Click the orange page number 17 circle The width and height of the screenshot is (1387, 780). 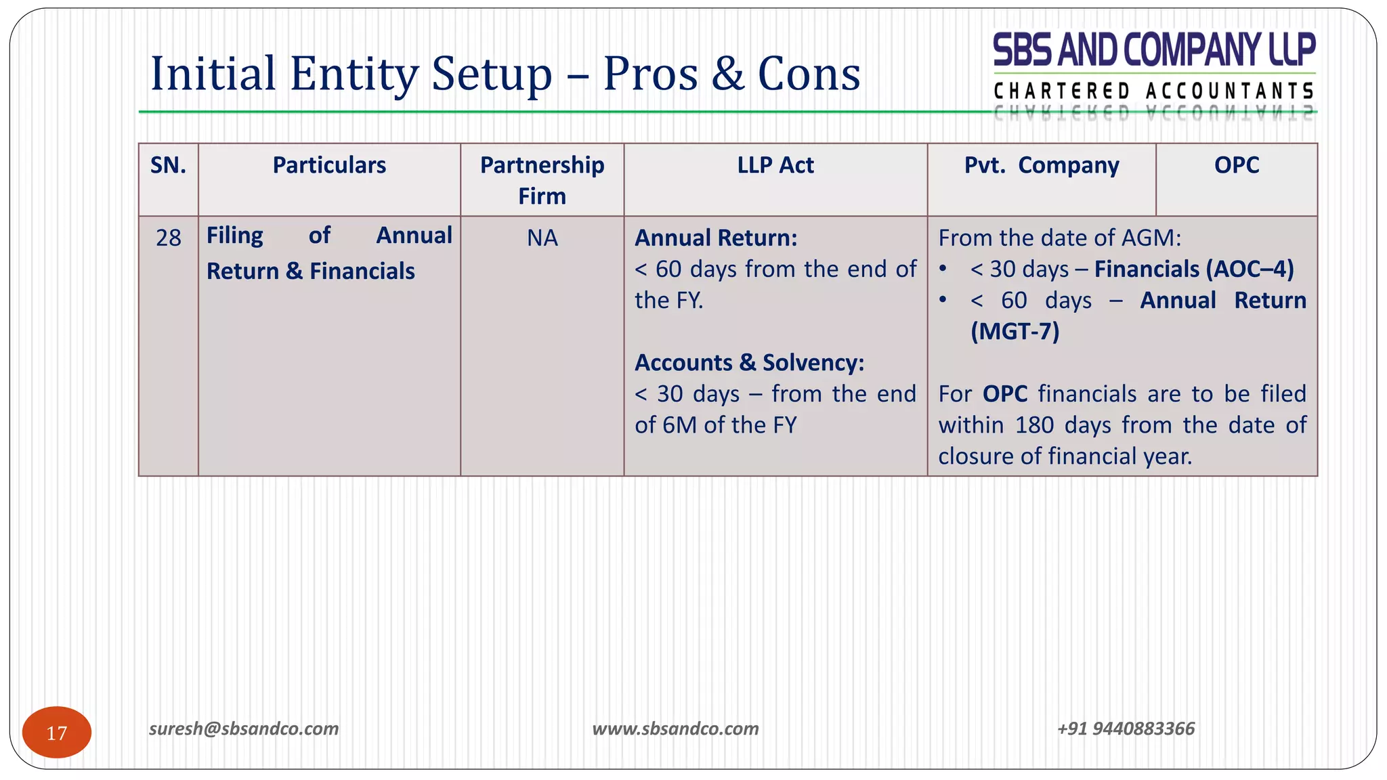(x=57, y=732)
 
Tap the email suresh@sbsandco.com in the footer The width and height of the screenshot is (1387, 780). (x=244, y=729)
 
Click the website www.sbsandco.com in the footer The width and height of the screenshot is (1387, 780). (x=675, y=729)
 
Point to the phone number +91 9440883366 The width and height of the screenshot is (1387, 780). (x=1126, y=729)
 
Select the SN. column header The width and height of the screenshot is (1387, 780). (x=168, y=165)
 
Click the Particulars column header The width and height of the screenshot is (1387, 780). (x=329, y=165)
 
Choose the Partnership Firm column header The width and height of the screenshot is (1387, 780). (x=542, y=180)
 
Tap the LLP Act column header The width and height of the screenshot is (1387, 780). (x=775, y=165)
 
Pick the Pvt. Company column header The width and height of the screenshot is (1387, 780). (x=1042, y=165)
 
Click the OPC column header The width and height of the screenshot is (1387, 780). (x=1237, y=165)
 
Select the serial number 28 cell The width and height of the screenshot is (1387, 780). (x=168, y=238)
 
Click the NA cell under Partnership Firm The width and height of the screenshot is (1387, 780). (x=542, y=238)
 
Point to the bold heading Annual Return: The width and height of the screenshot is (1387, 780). (x=716, y=238)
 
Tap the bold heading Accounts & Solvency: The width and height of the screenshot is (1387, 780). (x=749, y=362)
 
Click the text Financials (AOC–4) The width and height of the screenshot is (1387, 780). (x=1194, y=269)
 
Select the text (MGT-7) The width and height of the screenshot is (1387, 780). (x=1015, y=331)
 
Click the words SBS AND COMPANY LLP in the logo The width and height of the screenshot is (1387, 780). (x=1154, y=50)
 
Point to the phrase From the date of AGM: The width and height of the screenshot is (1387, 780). (x=1059, y=238)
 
